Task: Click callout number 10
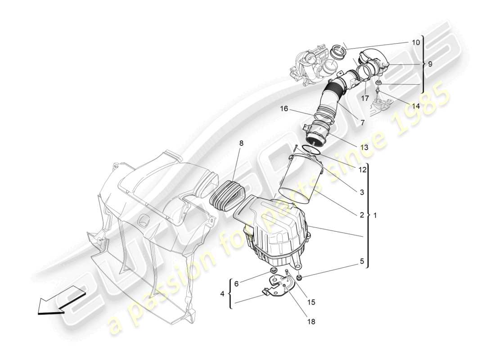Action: point(415,42)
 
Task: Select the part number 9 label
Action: point(430,64)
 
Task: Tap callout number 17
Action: point(364,98)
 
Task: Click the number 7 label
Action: point(362,122)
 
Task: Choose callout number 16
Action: point(283,109)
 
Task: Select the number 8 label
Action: point(241,143)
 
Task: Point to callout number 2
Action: point(361,215)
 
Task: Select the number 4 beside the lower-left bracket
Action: point(222,294)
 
